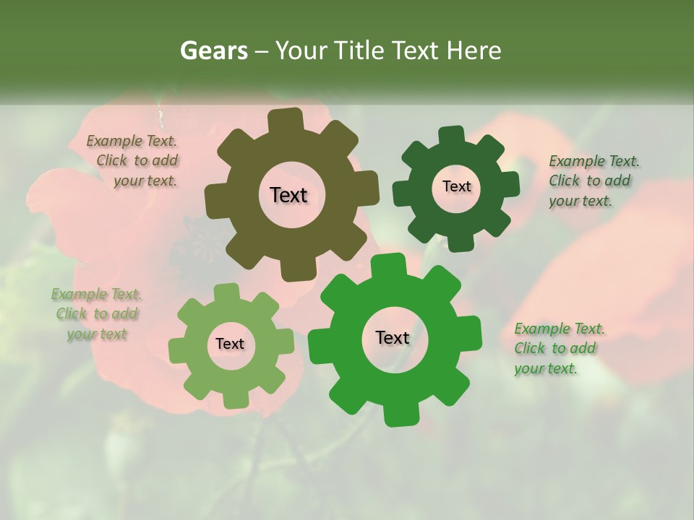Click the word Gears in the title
(213, 51)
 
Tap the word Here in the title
(474, 51)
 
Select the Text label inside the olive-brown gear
(288, 195)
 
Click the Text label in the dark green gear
(456, 186)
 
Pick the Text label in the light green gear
(230, 344)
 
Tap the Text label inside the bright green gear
(393, 337)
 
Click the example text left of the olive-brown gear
(134, 161)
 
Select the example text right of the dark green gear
(593, 181)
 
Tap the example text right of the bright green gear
(558, 349)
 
